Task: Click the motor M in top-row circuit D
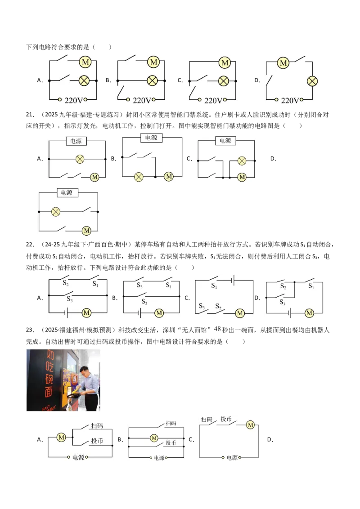click(x=283, y=63)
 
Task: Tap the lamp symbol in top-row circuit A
click(x=85, y=80)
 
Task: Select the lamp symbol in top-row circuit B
click(x=153, y=80)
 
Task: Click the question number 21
click(x=30, y=115)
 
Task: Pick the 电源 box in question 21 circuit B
click(x=151, y=138)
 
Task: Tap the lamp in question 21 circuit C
click(x=242, y=161)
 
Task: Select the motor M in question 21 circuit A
click(x=94, y=177)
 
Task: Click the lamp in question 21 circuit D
click(x=56, y=212)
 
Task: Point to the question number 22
click(x=30, y=245)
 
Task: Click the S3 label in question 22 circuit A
click(x=70, y=299)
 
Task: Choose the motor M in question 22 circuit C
click(x=240, y=313)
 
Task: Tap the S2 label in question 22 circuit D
click(x=283, y=286)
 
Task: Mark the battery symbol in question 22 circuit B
click(x=139, y=313)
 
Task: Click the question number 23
click(x=30, y=330)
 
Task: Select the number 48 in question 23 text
click(x=217, y=329)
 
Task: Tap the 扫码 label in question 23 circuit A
click(x=97, y=426)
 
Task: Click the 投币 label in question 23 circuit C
click(x=226, y=419)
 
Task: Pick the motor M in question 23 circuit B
click(x=154, y=438)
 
